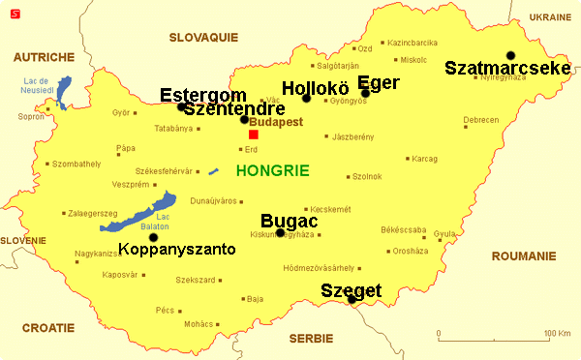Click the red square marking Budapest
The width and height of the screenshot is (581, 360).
tap(254, 135)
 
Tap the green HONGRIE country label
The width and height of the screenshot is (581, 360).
tap(272, 170)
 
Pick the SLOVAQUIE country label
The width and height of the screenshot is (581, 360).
tap(203, 37)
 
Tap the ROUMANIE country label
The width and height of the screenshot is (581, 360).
tap(523, 256)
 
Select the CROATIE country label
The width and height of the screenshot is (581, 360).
tap(47, 327)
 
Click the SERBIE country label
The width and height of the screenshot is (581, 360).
tap(310, 338)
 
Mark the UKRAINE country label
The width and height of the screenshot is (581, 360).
tap(550, 17)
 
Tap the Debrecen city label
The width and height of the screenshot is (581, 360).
tap(481, 120)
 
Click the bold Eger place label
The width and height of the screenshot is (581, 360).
tap(379, 82)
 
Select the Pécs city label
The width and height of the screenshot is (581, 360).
tap(165, 311)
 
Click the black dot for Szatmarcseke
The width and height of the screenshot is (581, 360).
tap(510, 55)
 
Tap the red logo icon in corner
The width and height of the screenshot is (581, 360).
tap(11, 12)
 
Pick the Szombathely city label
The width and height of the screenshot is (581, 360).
tap(76, 165)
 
